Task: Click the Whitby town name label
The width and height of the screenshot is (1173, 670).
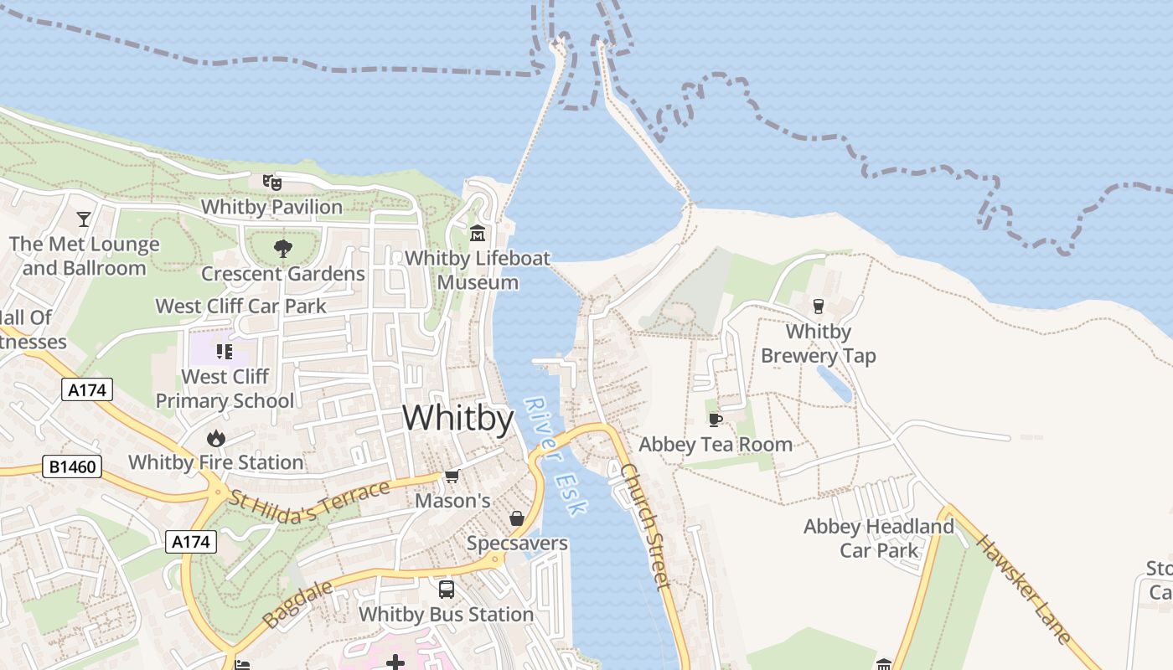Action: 457,418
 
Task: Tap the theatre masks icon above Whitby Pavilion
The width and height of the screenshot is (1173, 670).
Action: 271,182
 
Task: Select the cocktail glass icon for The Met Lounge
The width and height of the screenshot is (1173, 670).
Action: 84,219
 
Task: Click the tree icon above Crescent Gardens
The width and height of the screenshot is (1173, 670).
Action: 283,248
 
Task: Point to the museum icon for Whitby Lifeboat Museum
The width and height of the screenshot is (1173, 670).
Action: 478,232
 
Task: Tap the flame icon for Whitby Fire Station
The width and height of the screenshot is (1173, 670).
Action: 216,438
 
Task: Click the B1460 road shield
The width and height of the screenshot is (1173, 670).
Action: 72,466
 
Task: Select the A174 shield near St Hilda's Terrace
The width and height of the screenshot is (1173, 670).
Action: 190,542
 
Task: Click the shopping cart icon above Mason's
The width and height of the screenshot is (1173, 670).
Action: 452,477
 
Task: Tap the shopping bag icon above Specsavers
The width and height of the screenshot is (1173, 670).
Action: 517,518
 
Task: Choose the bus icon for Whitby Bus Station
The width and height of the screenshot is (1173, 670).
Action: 447,590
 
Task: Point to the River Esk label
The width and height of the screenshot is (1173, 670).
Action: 556,456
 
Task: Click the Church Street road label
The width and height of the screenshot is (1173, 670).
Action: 647,526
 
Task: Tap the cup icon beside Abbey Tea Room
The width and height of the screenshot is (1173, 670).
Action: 715,420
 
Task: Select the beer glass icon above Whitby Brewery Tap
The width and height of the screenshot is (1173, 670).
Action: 819,307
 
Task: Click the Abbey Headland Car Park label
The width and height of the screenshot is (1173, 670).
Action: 879,539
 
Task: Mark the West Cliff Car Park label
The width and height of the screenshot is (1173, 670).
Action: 241,306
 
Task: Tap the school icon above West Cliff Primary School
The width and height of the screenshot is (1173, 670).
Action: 224,352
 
